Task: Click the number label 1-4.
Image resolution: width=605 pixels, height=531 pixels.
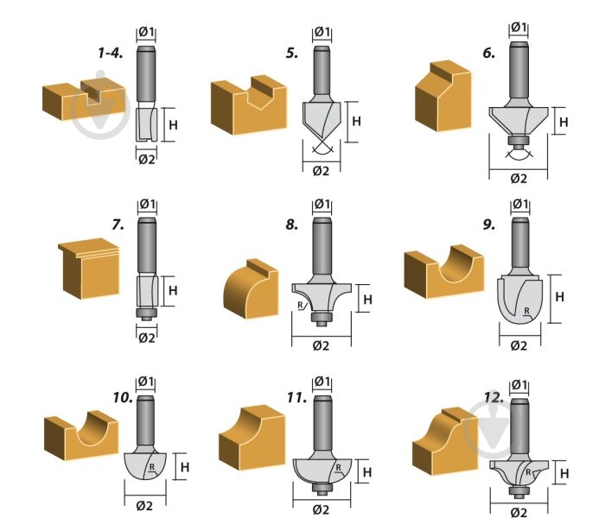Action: point(110,53)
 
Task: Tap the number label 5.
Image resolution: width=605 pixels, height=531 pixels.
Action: point(292,53)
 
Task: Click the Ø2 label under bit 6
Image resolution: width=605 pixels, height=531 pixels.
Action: point(518,179)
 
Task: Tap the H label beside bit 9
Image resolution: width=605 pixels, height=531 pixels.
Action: point(558,297)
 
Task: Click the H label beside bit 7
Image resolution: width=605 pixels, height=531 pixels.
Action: point(172,291)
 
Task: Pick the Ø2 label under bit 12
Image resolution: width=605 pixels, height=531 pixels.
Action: point(518,512)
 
